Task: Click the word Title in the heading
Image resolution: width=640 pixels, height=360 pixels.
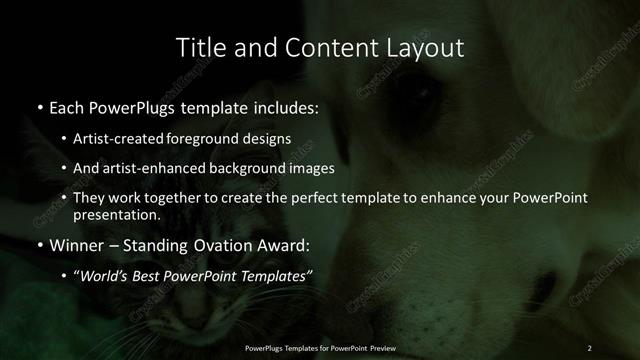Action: tap(199, 47)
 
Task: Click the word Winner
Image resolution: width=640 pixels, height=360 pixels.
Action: tap(80, 244)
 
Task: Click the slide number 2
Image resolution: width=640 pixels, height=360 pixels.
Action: tap(590, 347)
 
